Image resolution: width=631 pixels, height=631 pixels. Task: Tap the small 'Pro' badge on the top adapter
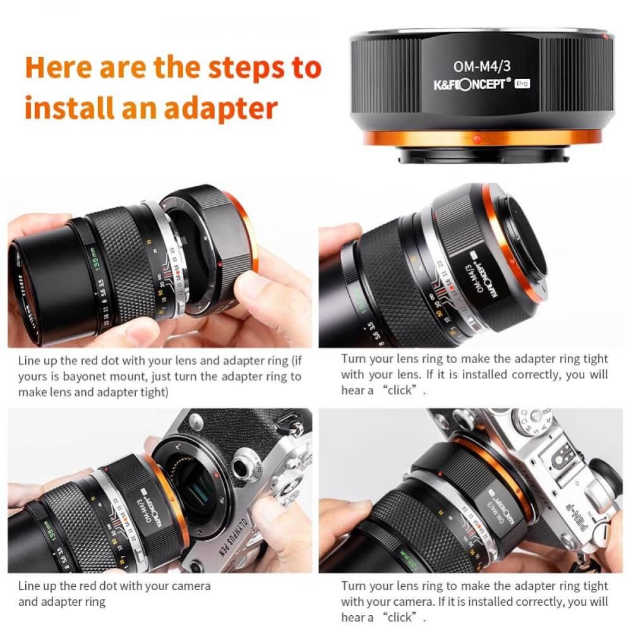click(522, 84)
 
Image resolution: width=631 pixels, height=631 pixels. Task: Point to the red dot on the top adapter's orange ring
click(478, 137)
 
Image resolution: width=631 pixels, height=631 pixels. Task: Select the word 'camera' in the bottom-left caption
click(189, 586)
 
